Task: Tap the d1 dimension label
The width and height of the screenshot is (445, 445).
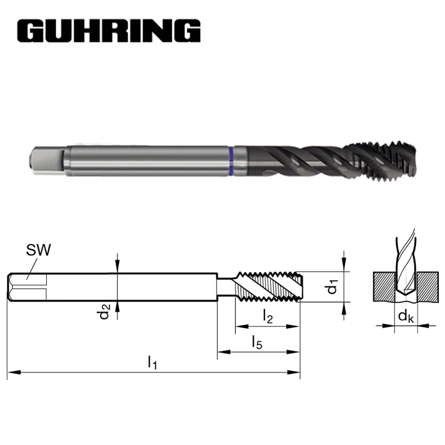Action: click(x=332, y=288)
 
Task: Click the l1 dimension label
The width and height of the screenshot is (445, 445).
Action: click(x=152, y=363)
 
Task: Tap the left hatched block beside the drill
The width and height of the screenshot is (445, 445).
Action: click(x=383, y=286)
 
